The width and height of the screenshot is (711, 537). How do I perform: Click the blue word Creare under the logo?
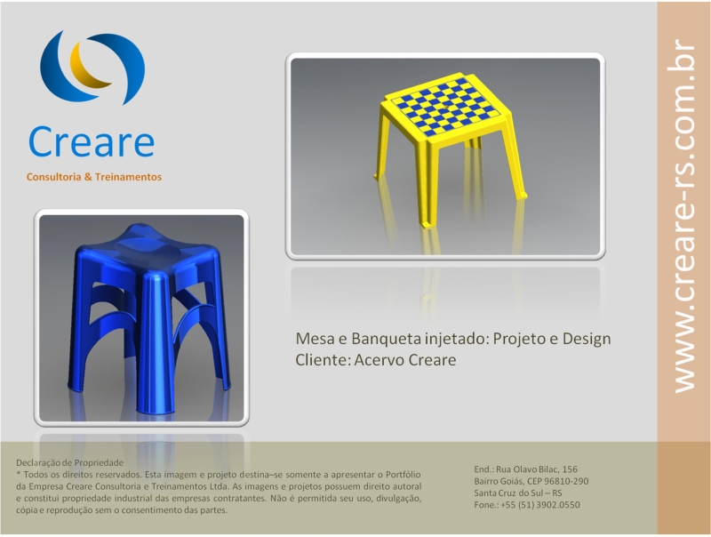(92, 141)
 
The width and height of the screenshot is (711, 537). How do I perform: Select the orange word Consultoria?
(54, 177)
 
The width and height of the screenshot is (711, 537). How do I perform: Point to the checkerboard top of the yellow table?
(447, 107)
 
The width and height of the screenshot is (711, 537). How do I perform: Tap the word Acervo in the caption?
(379, 360)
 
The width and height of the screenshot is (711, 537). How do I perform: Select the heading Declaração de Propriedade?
(70, 463)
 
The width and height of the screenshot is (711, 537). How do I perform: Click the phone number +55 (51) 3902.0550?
(540, 505)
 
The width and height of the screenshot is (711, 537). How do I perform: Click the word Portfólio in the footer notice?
(403, 475)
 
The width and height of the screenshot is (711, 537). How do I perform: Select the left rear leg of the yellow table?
(382, 145)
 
